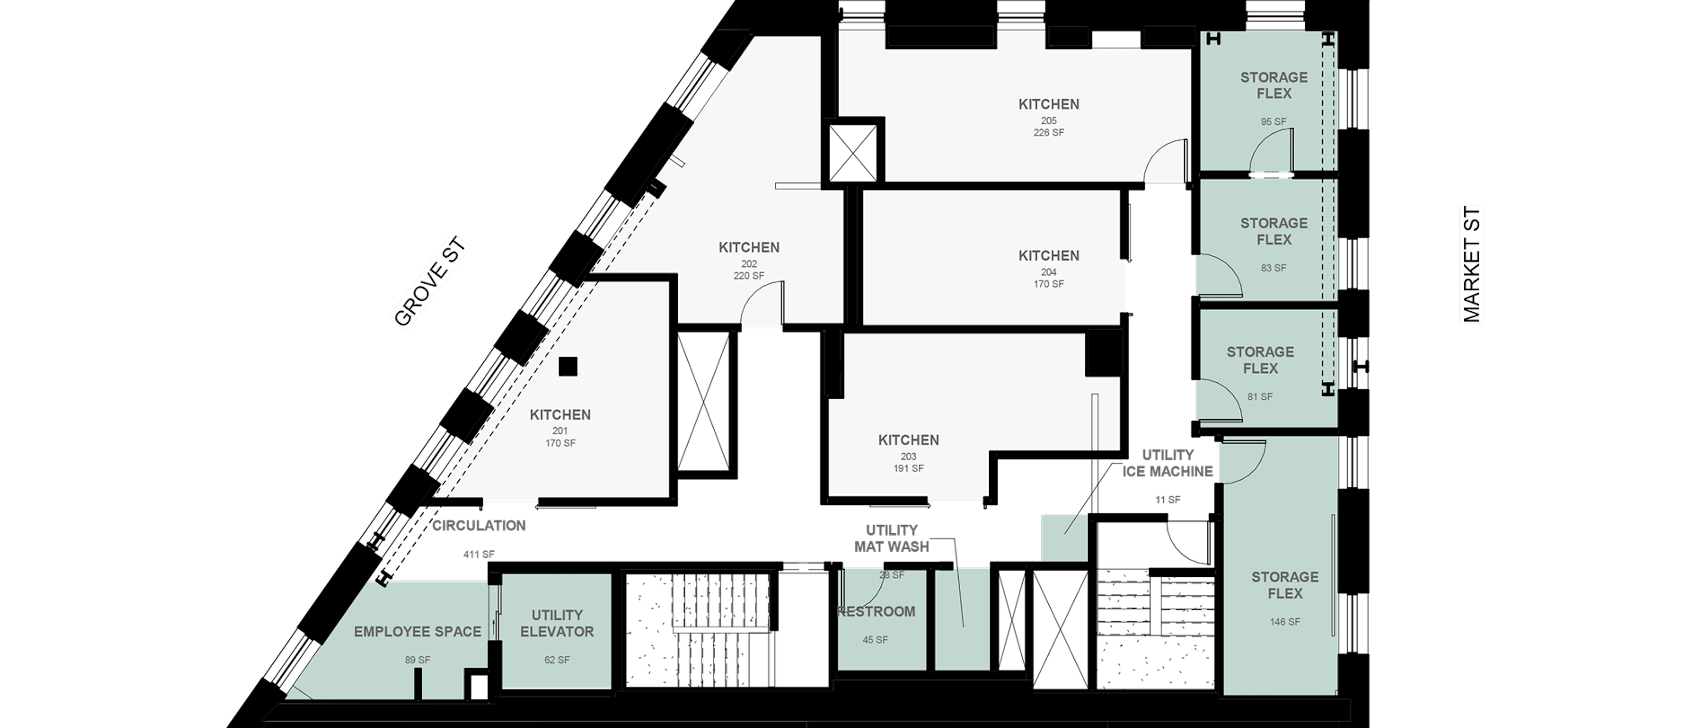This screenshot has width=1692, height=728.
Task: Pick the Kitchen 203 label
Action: click(x=909, y=440)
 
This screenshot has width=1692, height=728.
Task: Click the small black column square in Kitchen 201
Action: click(x=568, y=366)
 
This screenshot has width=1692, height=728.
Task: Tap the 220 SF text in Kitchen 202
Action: click(x=749, y=276)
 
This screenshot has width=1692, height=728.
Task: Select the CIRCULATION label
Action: click(x=479, y=526)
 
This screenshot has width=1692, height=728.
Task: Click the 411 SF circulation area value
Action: click(x=479, y=555)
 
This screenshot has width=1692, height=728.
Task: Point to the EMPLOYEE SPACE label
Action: click(x=418, y=632)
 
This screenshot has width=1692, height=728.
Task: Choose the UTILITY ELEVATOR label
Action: click(x=557, y=623)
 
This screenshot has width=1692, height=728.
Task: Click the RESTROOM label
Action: click(x=877, y=612)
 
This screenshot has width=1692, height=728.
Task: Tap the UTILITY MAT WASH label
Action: click(x=891, y=538)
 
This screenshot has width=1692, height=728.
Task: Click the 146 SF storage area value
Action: click(x=1285, y=622)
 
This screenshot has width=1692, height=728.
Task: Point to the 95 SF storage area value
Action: click(x=1273, y=122)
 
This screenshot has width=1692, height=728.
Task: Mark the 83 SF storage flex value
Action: click(x=1273, y=268)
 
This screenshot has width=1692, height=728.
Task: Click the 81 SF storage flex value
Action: click(x=1260, y=397)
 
